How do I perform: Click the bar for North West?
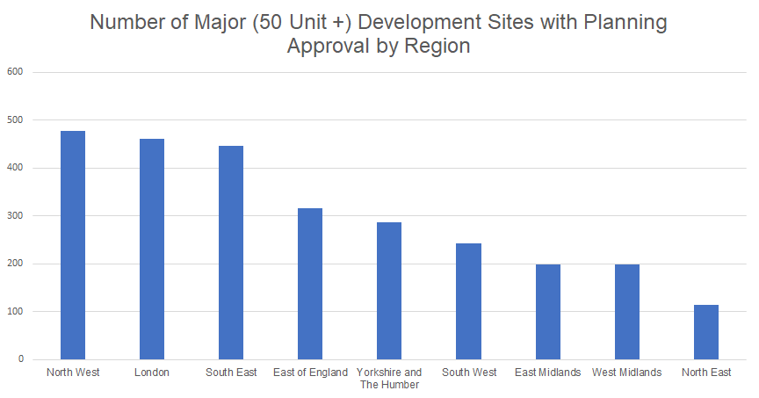[72, 245]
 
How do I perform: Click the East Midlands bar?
[547, 312]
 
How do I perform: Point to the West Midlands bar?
[626, 312]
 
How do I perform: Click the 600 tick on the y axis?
[17, 72]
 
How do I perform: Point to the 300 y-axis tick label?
[17, 216]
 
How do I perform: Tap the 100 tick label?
[17, 312]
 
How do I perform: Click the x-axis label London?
[151, 373]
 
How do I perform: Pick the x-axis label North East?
[706, 373]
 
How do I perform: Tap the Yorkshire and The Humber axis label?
[389, 378]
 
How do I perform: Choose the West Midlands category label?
[626, 373]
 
